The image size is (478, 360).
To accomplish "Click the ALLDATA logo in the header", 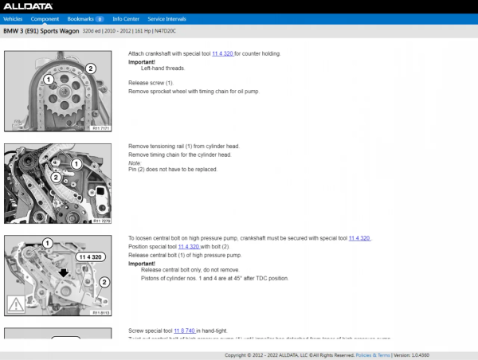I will (x=23, y=6).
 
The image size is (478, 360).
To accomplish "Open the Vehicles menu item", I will (x=14, y=18).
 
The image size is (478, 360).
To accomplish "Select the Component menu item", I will (x=45, y=18).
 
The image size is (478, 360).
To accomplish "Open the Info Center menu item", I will (x=126, y=18).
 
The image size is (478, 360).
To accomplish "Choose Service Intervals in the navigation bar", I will (x=167, y=18).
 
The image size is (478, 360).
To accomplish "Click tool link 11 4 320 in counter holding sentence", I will (x=222, y=54).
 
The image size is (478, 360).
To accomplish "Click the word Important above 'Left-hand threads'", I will (x=142, y=61).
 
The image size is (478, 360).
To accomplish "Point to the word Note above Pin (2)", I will (x=135, y=162).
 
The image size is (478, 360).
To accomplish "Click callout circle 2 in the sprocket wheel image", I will (x=91, y=68).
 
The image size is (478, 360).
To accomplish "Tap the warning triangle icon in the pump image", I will (x=15, y=303).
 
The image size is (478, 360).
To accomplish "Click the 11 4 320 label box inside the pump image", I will (x=89, y=257).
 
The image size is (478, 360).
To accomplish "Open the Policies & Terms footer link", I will (x=372, y=355).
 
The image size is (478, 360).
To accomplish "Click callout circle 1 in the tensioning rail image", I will (x=77, y=163).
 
